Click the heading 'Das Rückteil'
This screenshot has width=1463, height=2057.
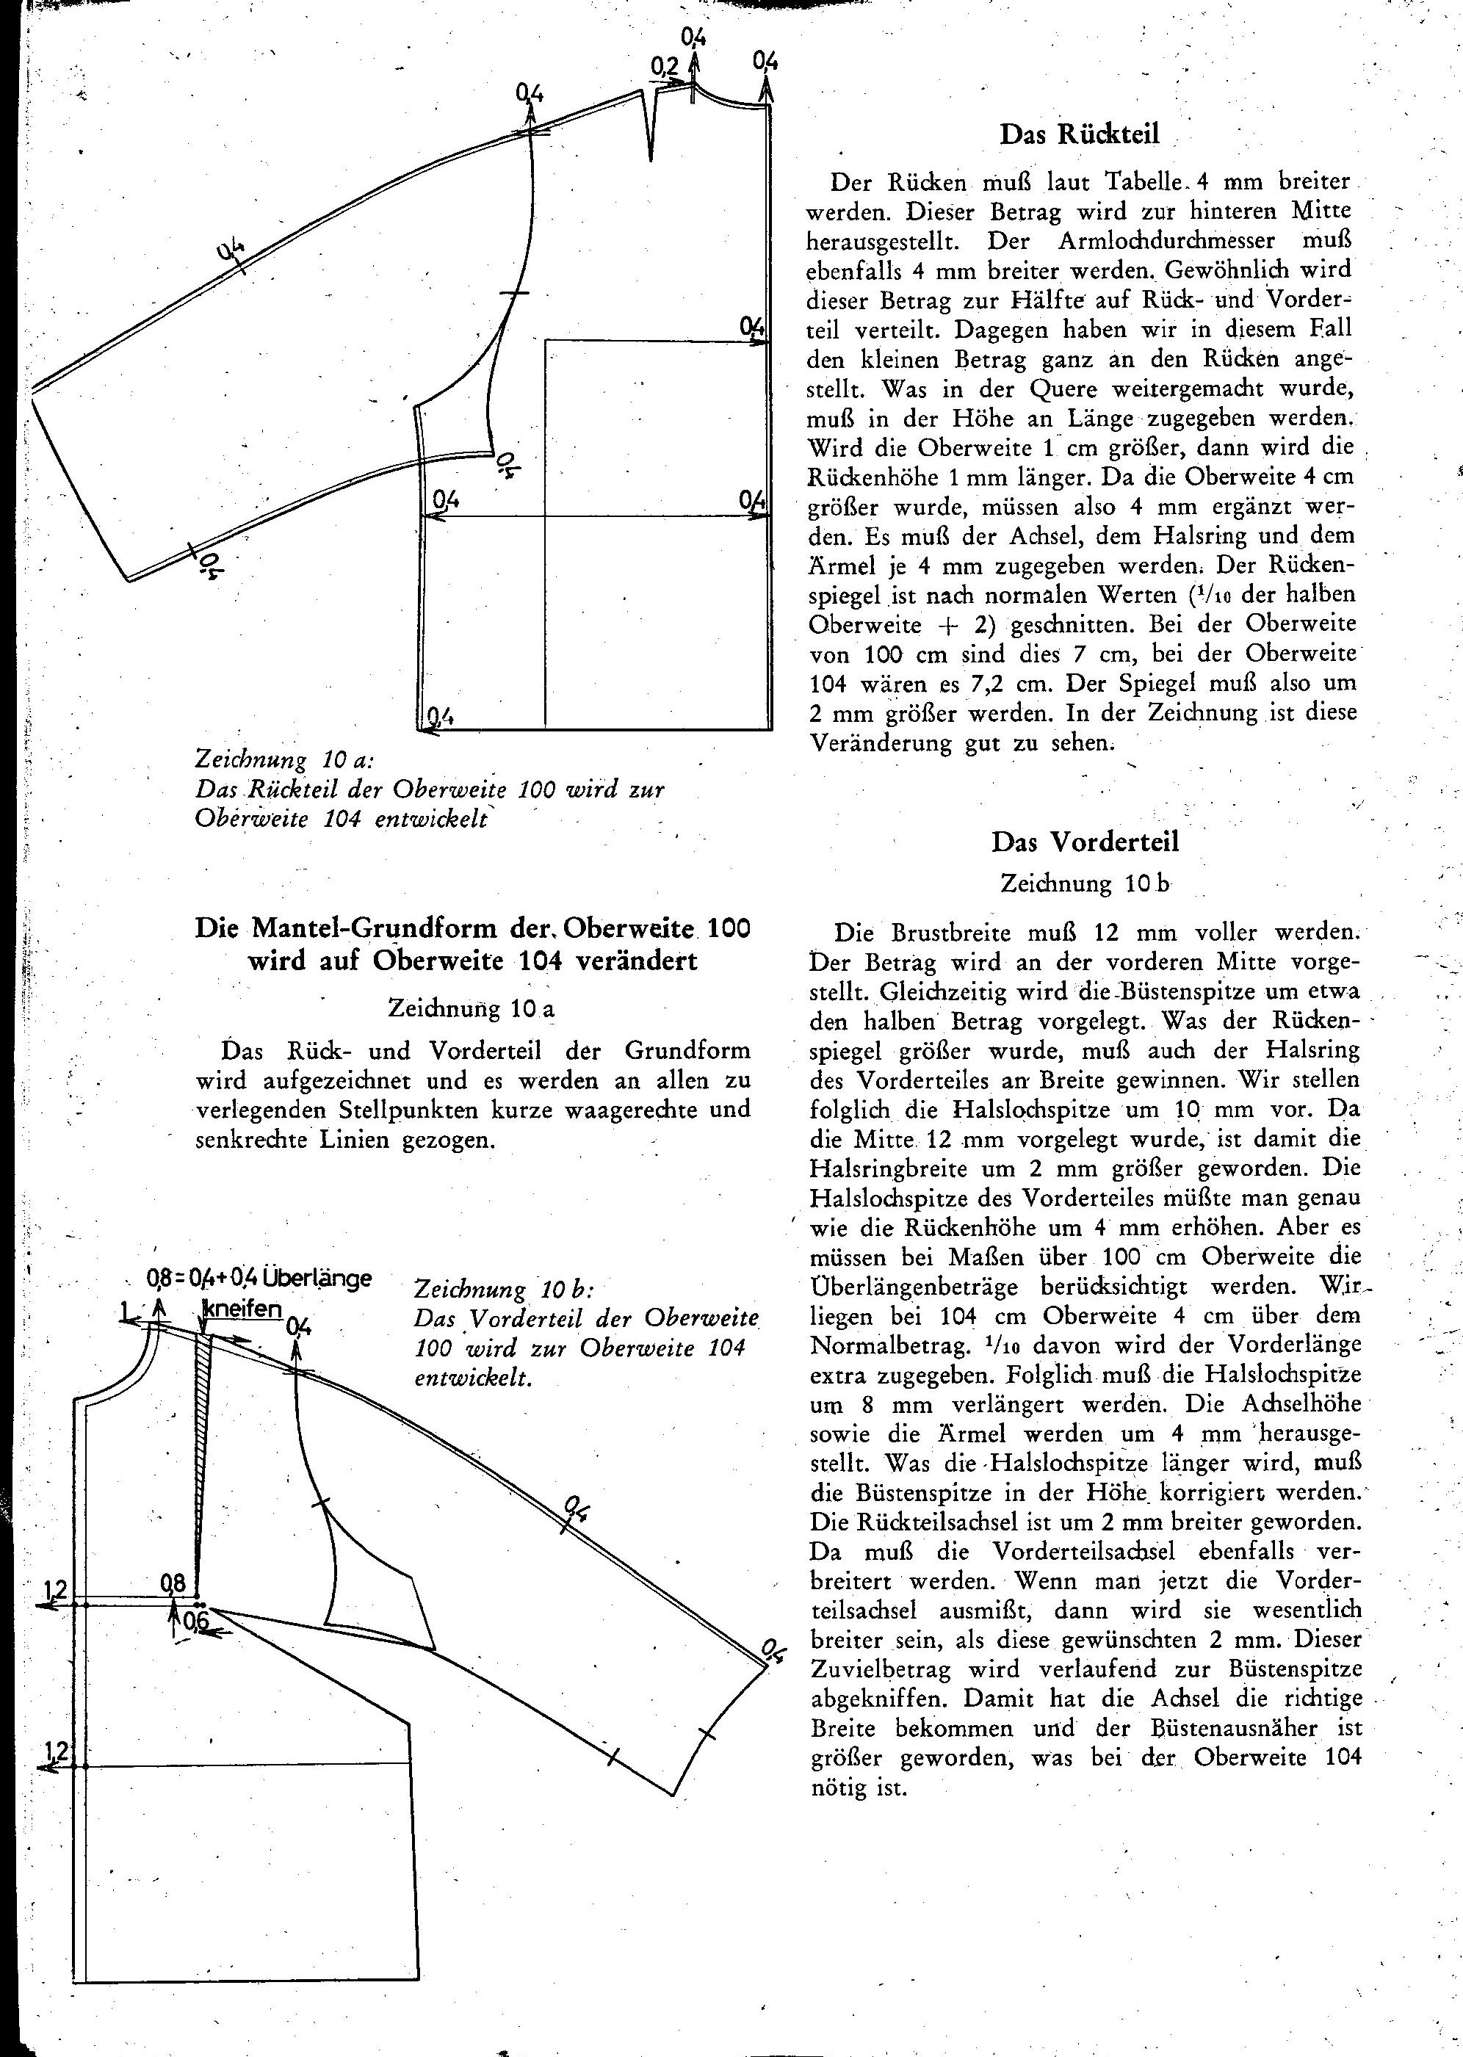(1079, 134)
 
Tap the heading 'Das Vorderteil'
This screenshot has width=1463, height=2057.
(1085, 842)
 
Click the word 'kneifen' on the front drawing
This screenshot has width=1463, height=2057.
(242, 1308)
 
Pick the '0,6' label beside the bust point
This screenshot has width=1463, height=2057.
(195, 1621)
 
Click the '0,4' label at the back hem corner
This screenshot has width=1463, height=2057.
(441, 717)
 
